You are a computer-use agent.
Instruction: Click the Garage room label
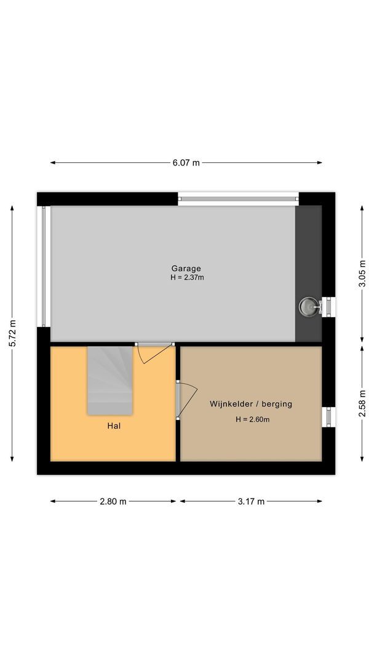click(x=186, y=269)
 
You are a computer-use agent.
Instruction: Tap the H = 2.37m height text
click(x=187, y=277)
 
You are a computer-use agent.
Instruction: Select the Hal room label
click(x=113, y=425)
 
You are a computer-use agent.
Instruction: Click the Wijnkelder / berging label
click(x=250, y=404)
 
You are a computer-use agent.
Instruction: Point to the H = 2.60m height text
click(x=252, y=419)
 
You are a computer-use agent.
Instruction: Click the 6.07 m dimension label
click(x=186, y=163)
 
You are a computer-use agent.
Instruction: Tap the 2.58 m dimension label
click(x=362, y=403)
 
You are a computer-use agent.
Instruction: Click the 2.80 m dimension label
click(x=113, y=501)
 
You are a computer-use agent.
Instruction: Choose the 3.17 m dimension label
click(x=251, y=501)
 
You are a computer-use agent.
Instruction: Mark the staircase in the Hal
click(x=109, y=379)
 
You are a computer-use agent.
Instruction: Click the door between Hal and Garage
click(x=154, y=352)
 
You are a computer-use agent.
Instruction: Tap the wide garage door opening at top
click(x=238, y=199)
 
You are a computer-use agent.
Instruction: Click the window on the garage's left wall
click(x=43, y=266)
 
